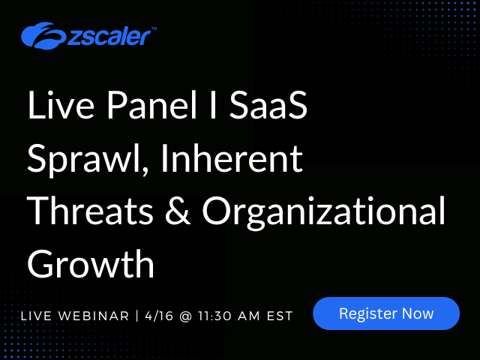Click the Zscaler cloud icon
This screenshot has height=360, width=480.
(x=43, y=35)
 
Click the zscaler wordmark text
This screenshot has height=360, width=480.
(x=109, y=37)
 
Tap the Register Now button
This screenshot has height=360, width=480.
(x=386, y=313)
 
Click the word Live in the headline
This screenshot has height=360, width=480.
(x=61, y=105)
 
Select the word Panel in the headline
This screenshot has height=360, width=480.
(x=151, y=105)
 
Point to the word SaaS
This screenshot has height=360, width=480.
(x=268, y=105)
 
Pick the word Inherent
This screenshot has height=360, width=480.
(x=232, y=158)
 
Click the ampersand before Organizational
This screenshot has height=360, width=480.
(x=178, y=211)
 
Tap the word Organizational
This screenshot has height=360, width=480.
(x=323, y=212)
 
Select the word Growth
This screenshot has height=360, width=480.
(x=91, y=263)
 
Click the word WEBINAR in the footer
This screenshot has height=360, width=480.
(x=94, y=316)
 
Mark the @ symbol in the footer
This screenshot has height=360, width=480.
(x=185, y=316)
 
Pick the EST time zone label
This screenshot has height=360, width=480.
(x=280, y=316)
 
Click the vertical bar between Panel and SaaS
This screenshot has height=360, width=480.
(x=213, y=105)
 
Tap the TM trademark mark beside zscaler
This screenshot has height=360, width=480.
(x=154, y=28)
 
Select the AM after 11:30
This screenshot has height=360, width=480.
(x=248, y=316)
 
